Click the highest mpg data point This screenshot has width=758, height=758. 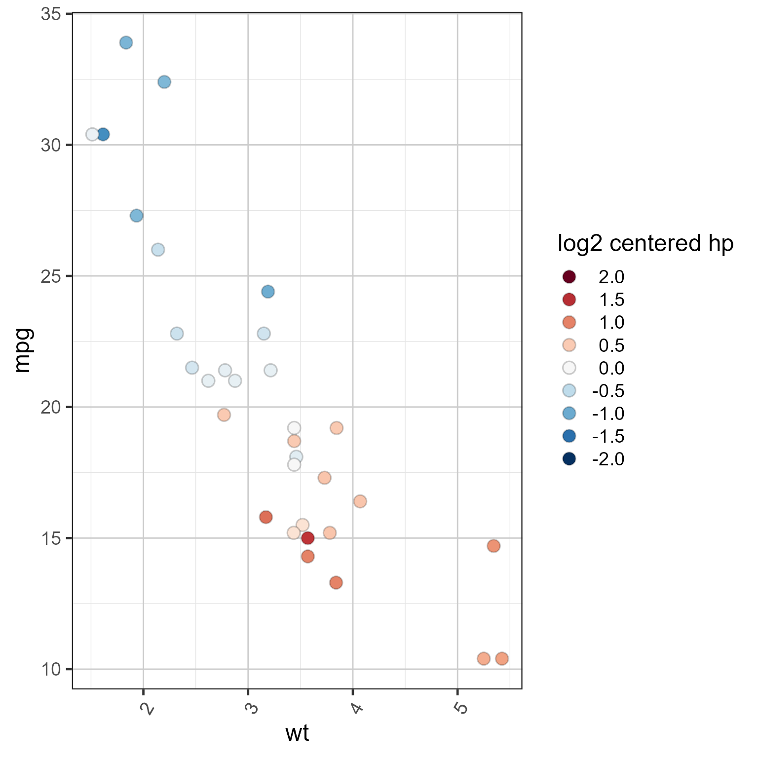pos(126,42)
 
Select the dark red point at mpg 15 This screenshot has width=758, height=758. pos(307,538)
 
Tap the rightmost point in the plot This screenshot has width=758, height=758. pos(502,658)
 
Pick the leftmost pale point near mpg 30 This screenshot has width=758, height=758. pos(92,134)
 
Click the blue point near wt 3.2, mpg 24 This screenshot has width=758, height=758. pos(267,292)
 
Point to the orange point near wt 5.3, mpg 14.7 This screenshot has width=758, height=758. pos(493,546)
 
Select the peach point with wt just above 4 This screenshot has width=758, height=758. pos(360,501)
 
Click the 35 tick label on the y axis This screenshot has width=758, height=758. pos(51,14)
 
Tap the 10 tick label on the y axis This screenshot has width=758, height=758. pos(51,669)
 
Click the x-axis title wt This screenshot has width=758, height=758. pos(297,733)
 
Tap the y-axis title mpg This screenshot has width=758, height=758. pos(23,350)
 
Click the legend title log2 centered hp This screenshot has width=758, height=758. pos(645,243)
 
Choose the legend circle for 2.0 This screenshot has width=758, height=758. pos(569,277)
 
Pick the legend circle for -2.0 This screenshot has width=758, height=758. pos(569,459)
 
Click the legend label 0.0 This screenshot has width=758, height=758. pos(611,368)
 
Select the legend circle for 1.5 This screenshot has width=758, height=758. pos(569,300)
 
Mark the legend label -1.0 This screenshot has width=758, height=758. pos(608,414)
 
